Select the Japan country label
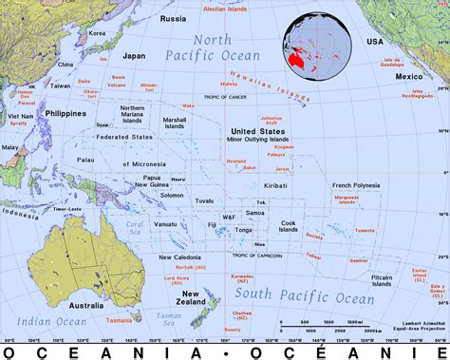(x=135, y=55)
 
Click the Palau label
(x=87, y=160)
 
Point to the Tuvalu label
(x=204, y=201)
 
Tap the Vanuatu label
(x=166, y=224)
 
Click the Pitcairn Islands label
(x=380, y=279)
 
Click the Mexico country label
(x=408, y=75)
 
